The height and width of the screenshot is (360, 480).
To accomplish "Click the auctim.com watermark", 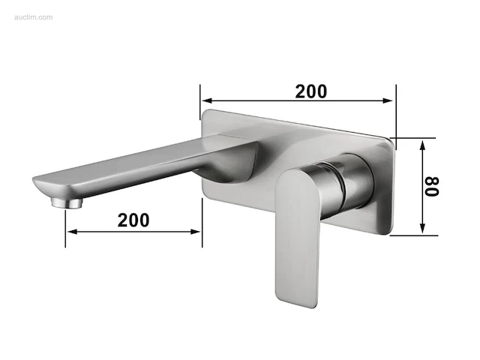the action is click(33, 17).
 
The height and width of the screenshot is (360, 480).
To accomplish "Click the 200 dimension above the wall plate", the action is click(311, 91).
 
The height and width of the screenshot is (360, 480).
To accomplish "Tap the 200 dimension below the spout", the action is click(133, 220).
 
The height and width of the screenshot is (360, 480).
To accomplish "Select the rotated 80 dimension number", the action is click(432, 186).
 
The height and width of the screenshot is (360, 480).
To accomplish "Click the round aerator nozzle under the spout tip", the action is click(67, 202).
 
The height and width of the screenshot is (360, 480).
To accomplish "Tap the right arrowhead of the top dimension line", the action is click(388, 100).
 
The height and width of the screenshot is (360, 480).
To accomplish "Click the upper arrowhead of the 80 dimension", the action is click(422, 145).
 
